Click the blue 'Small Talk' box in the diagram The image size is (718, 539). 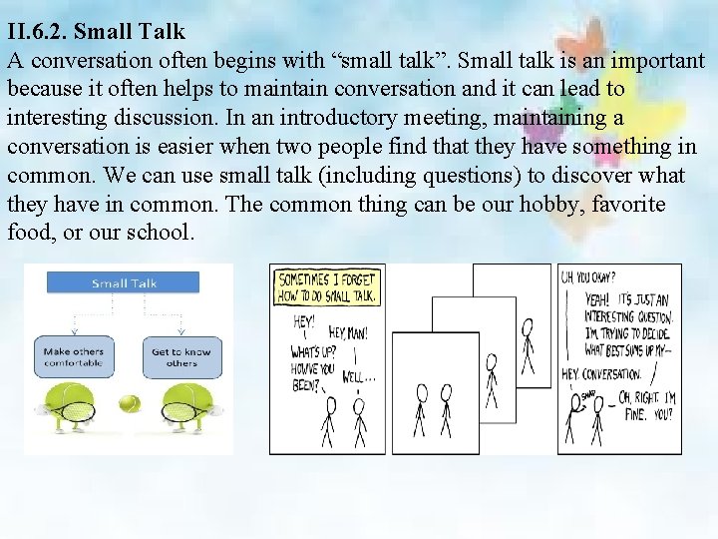124,283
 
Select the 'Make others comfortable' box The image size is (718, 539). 73,357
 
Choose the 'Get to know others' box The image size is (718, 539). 181,357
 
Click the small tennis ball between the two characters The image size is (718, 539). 128,404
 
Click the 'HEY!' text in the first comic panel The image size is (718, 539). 303,322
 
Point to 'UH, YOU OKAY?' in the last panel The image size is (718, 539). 588,276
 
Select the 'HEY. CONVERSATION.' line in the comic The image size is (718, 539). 601,373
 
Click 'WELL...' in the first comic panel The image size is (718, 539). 358,378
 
